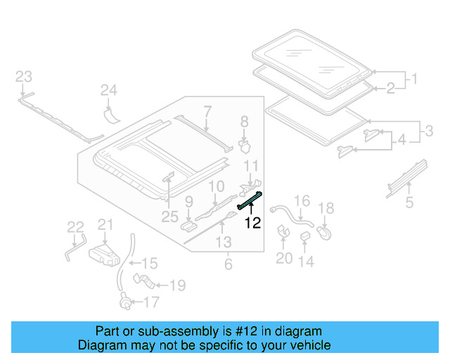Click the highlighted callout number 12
coord(252,224)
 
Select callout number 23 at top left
coord(24,77)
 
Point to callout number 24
coord(108,89)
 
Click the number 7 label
coord(207,110)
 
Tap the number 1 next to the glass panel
coord(414,79)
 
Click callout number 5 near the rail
coord(409,203)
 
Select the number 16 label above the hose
coord(302,202)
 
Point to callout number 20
coord(283,258)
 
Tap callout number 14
coord(306,262)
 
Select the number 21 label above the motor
coord(105,224)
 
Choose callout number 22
coord(75,226)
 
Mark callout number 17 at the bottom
coord(151,303)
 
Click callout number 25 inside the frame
coord(168,217)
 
